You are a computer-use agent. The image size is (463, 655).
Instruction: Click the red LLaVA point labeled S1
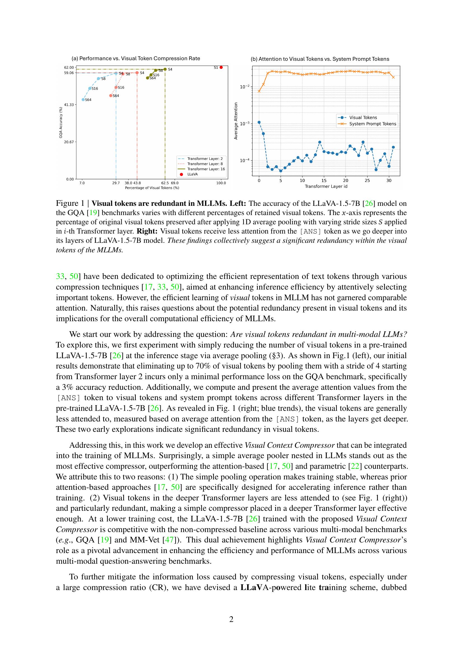[x=221, y=67]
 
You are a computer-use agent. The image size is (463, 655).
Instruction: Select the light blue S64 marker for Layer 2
[x=83, y=100]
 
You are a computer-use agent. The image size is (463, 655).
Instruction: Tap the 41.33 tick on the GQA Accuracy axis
[x=69, y=105]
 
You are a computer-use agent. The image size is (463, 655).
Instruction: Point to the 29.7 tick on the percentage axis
[x=116, y=183]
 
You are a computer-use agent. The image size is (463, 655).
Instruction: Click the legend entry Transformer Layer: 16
[x=206, y=169]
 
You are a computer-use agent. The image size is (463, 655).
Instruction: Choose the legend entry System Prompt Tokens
[x=372, y=124]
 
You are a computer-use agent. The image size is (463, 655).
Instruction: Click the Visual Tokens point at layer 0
[x=259, y=122]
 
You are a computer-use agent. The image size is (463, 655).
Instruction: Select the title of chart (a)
[x=136, y=59]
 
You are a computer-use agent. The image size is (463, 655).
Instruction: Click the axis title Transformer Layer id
[x=326, y=186]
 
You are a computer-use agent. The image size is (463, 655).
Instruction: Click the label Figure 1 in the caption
[x=70, y=203]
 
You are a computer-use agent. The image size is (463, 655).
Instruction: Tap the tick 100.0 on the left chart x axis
[x=221, y=183]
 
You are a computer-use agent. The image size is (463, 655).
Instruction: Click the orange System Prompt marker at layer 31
[x=393, y=77]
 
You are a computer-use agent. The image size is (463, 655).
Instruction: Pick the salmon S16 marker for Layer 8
[x=116, y=87]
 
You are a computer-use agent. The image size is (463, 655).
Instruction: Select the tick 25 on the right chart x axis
[x=367, y=180]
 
